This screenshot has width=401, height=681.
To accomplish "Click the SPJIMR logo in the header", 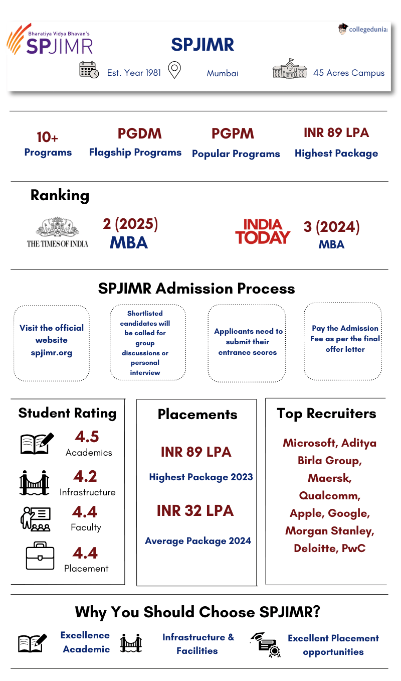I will click(50, 41).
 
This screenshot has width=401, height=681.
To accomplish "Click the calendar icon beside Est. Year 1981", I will click(89, 70).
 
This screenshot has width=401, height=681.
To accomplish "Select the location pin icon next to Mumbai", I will click(174, 70).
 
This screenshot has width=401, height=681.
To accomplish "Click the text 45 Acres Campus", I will click(349, 73).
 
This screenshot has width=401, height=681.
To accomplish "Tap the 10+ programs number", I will click(48, 137).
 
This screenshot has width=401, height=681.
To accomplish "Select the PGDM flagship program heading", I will click(139, 133).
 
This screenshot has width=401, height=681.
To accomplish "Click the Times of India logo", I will click(57, 232).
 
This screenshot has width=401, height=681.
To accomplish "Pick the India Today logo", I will click(263, 231).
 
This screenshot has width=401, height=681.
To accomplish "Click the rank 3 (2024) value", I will click(331, 227).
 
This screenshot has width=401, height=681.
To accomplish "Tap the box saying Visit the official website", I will click(52, 343).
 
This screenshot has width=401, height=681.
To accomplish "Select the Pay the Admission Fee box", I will click(345, 341).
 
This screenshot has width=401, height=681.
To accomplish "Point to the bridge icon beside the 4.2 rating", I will click(34, 483).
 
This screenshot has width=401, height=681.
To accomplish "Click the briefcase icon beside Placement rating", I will click(40, 556).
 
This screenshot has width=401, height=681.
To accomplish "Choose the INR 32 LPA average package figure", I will click(195, 511).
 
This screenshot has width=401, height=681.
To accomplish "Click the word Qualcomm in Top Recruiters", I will click(329, 496).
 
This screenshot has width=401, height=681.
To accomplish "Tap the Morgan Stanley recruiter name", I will click(329, 531).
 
